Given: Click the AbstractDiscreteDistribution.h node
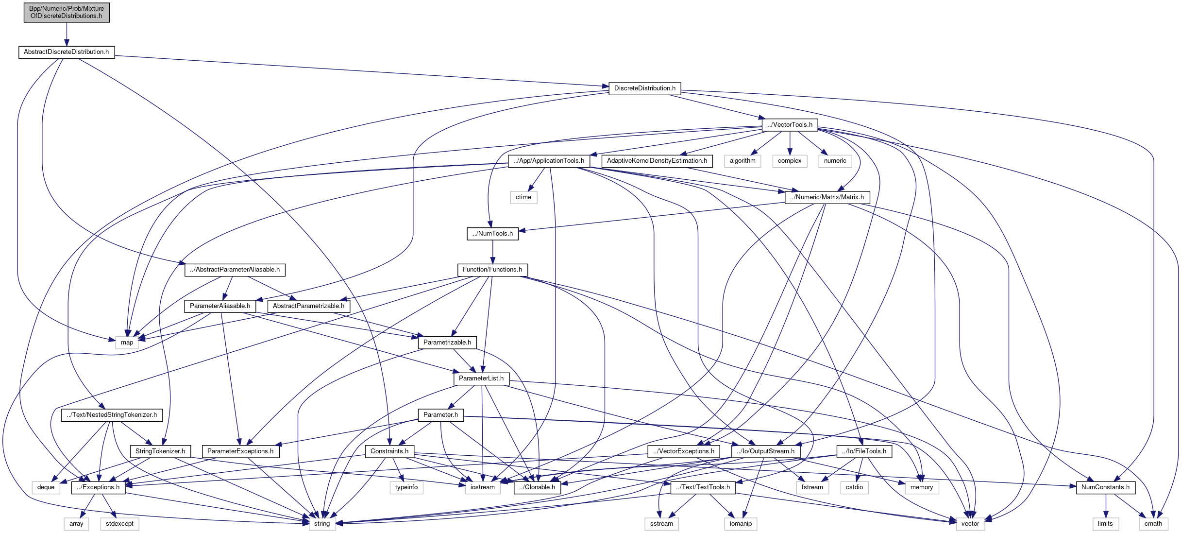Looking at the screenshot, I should point(67,52).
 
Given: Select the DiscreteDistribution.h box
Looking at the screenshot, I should point(644,88).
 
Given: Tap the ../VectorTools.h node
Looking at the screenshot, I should point(790,125).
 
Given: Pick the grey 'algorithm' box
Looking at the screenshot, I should point(742,161).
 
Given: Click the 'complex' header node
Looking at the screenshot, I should point(790,161).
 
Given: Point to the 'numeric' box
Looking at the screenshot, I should point(835,161).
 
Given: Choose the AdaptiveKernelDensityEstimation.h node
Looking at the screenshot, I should point(657,161).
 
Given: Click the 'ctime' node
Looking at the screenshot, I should point(523,197).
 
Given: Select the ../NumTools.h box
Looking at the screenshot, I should point(492,234).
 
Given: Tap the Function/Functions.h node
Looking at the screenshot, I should point(492,270).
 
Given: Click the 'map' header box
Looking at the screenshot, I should point(127,343).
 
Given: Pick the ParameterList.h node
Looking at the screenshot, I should point(481,378).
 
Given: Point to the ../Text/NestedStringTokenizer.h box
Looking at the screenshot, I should point(112,415).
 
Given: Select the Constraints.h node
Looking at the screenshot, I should point(389,451).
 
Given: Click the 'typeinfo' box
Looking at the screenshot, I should point(406,487).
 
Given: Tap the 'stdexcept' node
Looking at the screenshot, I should point(119,524).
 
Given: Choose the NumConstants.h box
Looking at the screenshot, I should point(1105,487).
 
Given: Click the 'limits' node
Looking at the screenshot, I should point(1105,524).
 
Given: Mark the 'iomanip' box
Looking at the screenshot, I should point(741,524).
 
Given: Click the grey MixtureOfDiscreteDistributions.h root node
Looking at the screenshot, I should point(67,12).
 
